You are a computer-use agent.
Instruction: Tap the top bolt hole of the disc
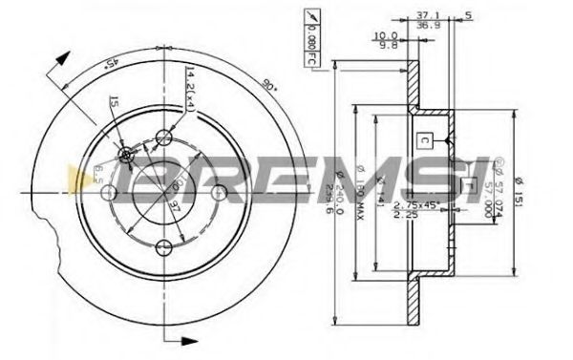166,137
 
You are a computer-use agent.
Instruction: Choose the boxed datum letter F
468,185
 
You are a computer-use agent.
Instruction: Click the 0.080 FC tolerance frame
310,39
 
